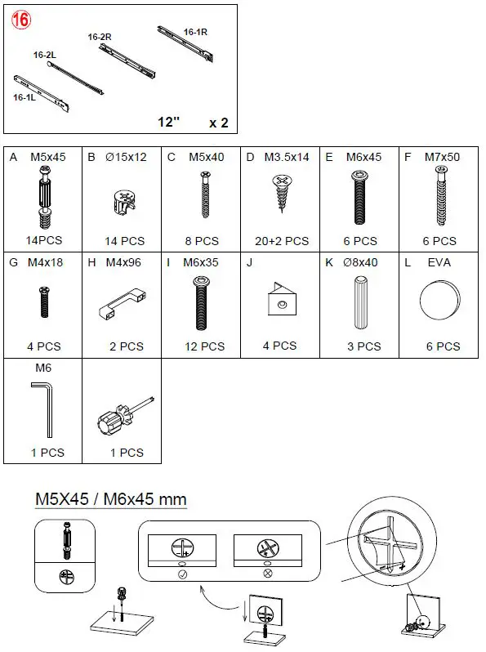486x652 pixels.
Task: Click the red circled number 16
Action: pyautogui.click(x=20, y=21)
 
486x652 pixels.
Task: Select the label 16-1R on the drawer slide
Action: pyautogui.click(x=195, y=32)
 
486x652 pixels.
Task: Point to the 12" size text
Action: pyautogui.click(x=169, y=123)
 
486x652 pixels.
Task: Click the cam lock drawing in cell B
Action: pyautogui.click(x=122, y=201)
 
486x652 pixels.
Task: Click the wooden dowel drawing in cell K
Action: pyautogui.click(x=359, y=303)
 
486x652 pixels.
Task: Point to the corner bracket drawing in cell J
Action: pyautogui.click(x=279, y=303)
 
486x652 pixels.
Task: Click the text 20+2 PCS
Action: pyautogui.click(x=281, y=241)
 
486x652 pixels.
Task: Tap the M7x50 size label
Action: pyautogui.click(x=441, y=156)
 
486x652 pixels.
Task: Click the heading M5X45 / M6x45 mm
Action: pyautogui.click(x=110, y=498)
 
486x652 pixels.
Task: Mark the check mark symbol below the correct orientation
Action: pyautogui.click(x=181, y=575)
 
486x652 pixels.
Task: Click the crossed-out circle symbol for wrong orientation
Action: pyautogui.click(x=266, y=575)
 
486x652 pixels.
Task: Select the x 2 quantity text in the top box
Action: pyautogui.click(x=218, y=123)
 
